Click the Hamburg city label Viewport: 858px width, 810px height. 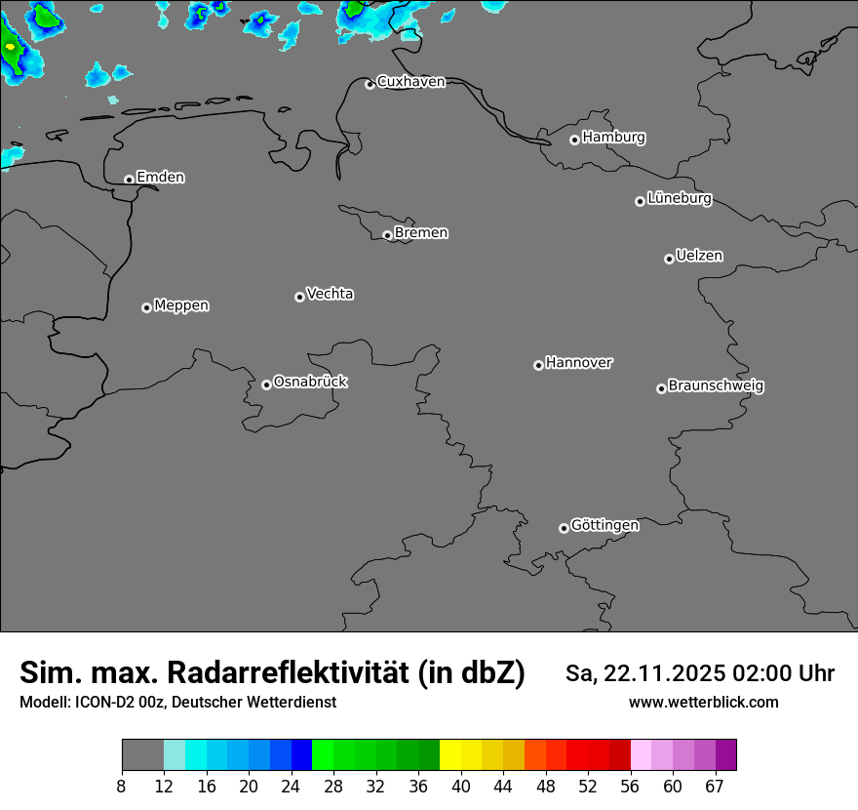(x=613, y=138)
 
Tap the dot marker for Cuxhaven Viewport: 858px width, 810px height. (x=370, y=85)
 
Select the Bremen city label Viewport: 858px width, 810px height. (x=421, y=233)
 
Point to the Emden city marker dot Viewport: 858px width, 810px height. (x=129, y=180)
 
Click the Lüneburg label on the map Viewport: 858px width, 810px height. (x=679, y=199)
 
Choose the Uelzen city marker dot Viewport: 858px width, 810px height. (x=669, y=259)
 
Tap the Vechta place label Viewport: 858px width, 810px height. (x=330, y=294)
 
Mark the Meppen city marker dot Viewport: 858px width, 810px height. (x=146, y=307)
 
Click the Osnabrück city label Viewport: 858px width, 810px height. (x=310, y=382)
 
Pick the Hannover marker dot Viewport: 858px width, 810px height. (x=538, y=365)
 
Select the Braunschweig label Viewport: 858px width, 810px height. (x=716, y=385)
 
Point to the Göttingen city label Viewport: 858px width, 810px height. (x=604, y=525)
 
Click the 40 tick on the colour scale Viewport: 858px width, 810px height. (x=460, y=787)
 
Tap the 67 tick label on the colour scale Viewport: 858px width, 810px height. (x=716, y=787)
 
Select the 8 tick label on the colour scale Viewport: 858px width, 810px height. (x=122, y=787)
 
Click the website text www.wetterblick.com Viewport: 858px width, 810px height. (x=703, y=703)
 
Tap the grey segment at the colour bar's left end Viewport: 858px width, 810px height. (x=142, y=755)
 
